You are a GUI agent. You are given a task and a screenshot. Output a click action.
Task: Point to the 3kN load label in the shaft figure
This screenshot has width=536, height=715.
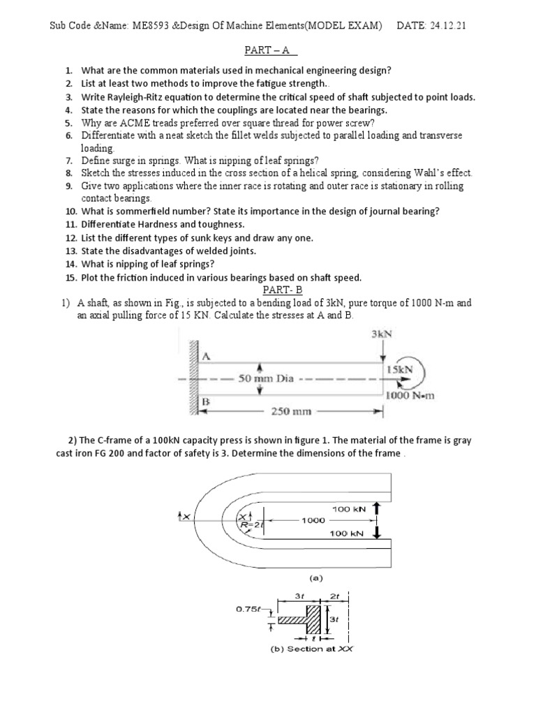(x=382, y=334)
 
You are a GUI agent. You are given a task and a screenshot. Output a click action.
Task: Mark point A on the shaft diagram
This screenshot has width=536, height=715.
(x=206, y=356)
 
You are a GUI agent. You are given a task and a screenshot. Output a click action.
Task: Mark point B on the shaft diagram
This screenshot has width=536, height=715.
(x=206, y=402)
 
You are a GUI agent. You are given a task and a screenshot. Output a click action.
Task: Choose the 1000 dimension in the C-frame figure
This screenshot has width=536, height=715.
(x=313, y=520)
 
